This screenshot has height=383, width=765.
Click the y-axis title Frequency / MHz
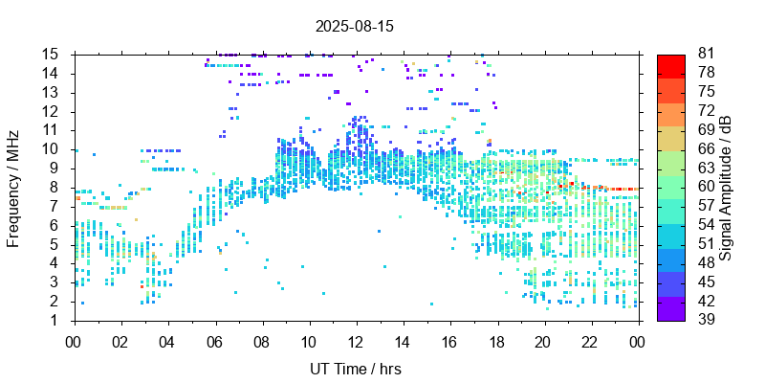point(13,187)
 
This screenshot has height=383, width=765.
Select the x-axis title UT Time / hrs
point(355,369)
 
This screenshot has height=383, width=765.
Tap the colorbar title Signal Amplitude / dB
point(727,187)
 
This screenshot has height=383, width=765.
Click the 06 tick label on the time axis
point(214,340)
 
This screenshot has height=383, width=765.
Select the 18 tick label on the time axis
point(496,340)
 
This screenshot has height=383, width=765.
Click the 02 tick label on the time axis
point(120,340)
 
